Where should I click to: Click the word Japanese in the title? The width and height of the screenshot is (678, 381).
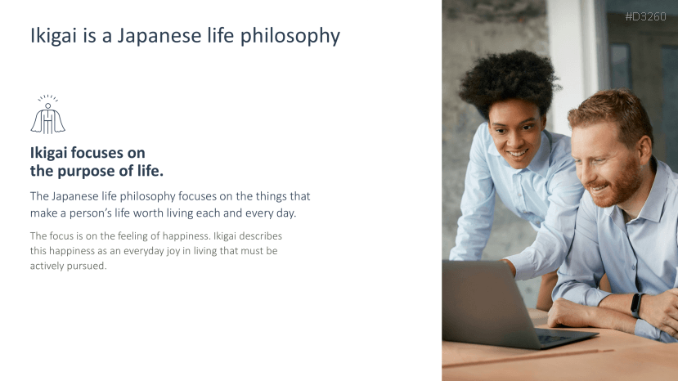coord(159,36)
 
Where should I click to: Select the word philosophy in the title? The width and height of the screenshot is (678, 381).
coord(290,36)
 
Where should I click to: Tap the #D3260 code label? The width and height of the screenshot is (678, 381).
coord(645,17)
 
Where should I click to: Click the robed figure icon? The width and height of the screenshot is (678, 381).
coord(48,114)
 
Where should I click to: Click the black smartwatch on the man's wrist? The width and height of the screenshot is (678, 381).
coord(636,305)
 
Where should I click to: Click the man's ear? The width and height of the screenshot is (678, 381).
coord(644,150)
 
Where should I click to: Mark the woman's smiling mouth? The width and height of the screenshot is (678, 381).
coord(517,154)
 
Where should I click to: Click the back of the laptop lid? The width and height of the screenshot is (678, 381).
coord(483,302)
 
